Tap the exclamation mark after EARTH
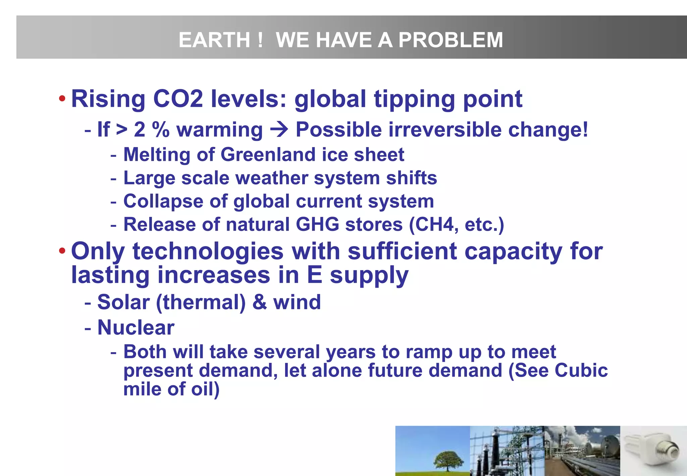[x=260, y=40]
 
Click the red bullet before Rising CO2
[x=62, y=99]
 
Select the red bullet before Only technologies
[x=62, y=251]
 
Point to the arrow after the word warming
[x=279, y=130]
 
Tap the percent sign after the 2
[x=161, y=130]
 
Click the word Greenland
[x=268, y=155]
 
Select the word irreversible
[x=445, y=130]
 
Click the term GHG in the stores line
[x=317, y=225]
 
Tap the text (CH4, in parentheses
[x=434, y=225]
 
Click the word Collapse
[x=163, y=201]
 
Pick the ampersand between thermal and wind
[x=259, y=302]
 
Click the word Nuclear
[x=136, y=327]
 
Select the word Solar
[x=123, y=302]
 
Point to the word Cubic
[x=581, y=371]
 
